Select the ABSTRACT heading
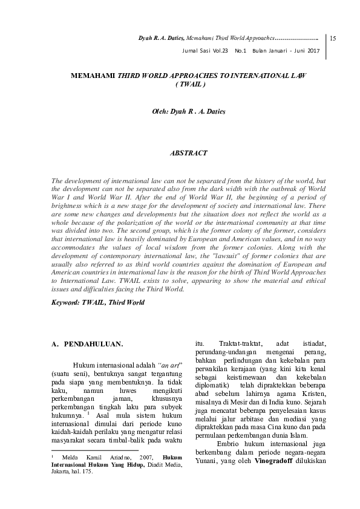pyautogui.click(x=189, y=153)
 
